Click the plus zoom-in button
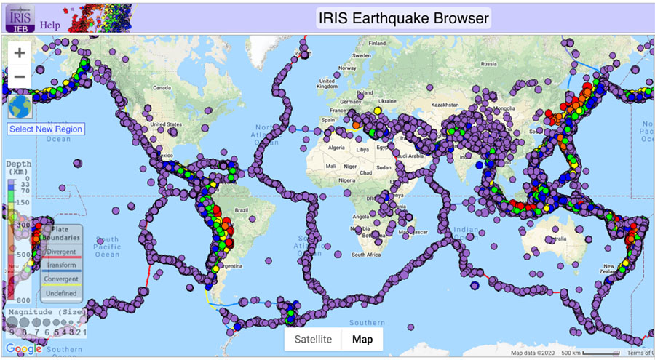[20, 53]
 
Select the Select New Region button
[46, 129]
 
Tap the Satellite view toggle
[313, 339]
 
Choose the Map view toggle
[362, 339]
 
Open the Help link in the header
[50, 24]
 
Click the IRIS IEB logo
[19, 17]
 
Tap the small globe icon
[20, 106]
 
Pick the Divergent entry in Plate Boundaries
[61, 252]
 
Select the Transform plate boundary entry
[61, 265]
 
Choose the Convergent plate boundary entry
[61, 279]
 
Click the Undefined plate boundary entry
[61, 293]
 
